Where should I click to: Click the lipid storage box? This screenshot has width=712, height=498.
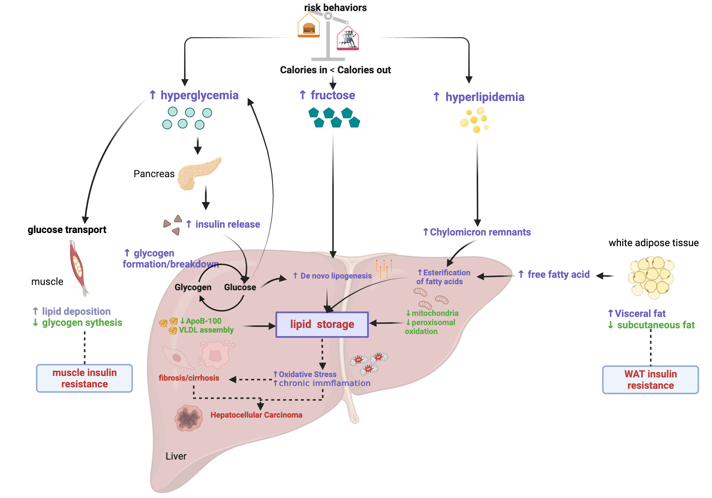click(x=322, y=324)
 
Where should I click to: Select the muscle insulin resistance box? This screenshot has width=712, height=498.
click(x=84, y=378)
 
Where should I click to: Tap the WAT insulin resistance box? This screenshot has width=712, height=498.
click(x=650, y=380)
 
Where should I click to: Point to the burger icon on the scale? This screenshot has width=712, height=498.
click(x=309, y=28)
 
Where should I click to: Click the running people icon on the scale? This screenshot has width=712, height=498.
click(x=348, y=39)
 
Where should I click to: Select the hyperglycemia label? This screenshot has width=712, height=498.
click(x=199, y=95)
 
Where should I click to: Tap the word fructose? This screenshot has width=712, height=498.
click(x=333, y=95)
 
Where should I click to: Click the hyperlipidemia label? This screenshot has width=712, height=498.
click(x=485, y=97)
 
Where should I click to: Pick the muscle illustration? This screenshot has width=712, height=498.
click(x=78, y=267)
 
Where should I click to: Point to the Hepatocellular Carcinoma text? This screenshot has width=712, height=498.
click(x=256, y=415)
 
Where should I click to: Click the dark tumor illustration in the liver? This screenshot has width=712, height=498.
click(x=189, y=418)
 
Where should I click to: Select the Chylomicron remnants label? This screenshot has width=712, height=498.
click(x=480, y=232)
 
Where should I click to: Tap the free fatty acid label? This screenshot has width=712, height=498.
click(x=558, y=275)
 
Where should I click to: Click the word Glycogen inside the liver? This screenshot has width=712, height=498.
click(x=193, y=287)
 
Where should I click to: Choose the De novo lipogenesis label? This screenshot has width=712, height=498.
click(x=336, y=276)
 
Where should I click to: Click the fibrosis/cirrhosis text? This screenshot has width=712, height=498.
click(x=189, y=378)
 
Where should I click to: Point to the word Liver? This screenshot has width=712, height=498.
click(x=176, y=456)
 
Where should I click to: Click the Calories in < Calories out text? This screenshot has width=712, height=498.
click(x=335, y=70)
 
